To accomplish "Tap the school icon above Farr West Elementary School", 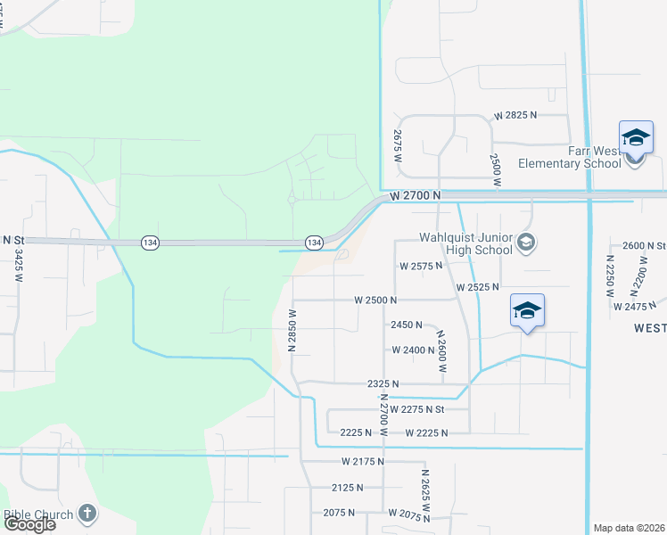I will [636, 138].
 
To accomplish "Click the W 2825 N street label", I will [516, 115].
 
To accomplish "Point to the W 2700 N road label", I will [416, 194].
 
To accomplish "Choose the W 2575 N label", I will [422, 266].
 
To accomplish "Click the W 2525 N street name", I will [477, 287].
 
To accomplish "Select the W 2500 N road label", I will [375, 300].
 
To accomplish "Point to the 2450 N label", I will [406, 325].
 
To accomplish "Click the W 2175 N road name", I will [362, 461].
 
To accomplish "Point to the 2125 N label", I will [347, 488].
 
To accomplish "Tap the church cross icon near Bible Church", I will [86, 513].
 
